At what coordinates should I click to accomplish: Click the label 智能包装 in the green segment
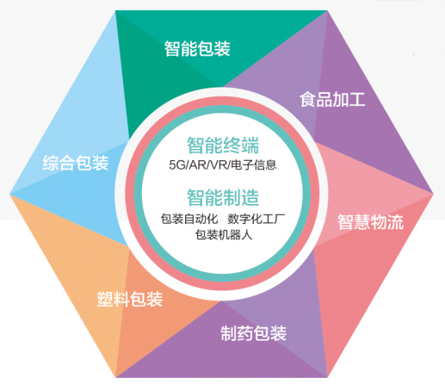pyautogui.click(x=197, y=48)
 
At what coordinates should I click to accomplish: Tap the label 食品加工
pyautogui.click(x=332, y=100)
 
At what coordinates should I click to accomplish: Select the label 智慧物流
pyautogui.click(x=370, y=222)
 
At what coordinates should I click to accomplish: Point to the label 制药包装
pyautogui.click(x=254, y=333)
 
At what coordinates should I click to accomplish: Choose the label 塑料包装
pyautogui.click(x=130, y=299)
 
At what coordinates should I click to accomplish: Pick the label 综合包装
pyautogui.click(x=76, y=163)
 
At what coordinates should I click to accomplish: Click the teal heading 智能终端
pyautogui.click(x=223, y=146)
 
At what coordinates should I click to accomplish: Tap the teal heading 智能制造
pyautogui.click(x=223, y=197)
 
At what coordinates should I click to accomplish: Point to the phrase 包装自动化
pyautogui.click(x=189, y=219)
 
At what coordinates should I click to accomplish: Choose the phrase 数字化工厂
pyautogui.click(x=256, y=219)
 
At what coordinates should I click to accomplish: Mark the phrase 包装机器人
pyautogui.click(x=224, y=234)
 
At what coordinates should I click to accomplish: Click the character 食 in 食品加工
pyautogui.click(x=308, y=100)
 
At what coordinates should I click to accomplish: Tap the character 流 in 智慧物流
pyautogui.click(x=395, y=222)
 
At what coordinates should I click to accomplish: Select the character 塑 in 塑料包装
pyautogui.click(x=105, y=299)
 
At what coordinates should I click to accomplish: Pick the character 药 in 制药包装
pyautogui.click(x=245, y=333)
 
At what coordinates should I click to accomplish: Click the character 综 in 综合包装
pyautogui.click(x=51, y=163)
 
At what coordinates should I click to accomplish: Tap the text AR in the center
pyautogui.click(x=198, y=165)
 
